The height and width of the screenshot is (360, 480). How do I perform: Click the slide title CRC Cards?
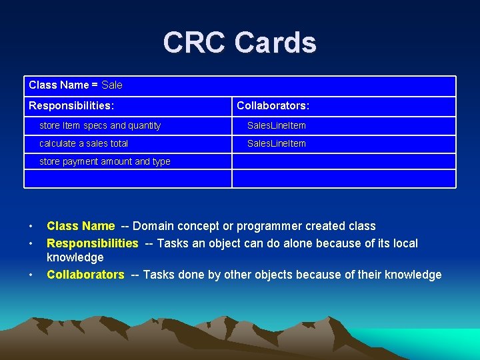[239, 43]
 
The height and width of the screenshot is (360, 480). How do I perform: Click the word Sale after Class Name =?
[112, 85]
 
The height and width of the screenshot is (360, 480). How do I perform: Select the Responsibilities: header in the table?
[71, 106]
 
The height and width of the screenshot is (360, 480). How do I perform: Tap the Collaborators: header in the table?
[273, 106]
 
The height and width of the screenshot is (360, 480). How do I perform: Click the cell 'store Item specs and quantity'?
[100, 125]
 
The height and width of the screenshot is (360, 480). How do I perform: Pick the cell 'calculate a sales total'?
[84, 143]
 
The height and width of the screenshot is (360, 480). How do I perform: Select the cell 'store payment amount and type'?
[105, 161]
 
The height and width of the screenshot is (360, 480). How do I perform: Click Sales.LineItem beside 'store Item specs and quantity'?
[277, 125]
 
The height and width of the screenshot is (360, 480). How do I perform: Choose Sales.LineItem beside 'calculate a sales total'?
[277, 143]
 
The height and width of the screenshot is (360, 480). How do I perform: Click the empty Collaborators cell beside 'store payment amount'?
[343, 161]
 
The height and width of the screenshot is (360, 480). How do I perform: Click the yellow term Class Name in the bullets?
[81, 226]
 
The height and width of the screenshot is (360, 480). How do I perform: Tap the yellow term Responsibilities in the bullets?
[93, 243]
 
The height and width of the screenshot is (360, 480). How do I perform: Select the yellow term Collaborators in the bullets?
[85, 275]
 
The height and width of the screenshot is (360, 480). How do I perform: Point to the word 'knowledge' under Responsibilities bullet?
[75, 257]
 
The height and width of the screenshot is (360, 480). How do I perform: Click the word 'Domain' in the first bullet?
[154, 226]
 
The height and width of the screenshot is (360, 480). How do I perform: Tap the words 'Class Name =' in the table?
[63, 85]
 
